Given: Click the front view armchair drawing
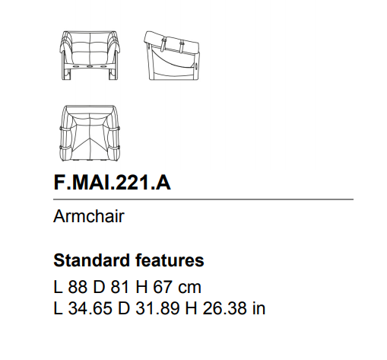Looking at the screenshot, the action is pos(90,56).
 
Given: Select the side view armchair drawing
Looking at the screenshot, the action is pos(172,56).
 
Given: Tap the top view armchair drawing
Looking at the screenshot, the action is pos(90,133).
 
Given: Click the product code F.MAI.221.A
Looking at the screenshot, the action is pos(112,183).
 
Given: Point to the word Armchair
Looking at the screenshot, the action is pos(89,216).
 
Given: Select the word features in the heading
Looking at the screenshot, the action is pos(170,260).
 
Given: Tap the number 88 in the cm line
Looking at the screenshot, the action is pos(78,287).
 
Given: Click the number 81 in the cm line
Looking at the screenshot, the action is pos(119,287).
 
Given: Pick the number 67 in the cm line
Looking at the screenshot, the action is pos(163,287).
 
